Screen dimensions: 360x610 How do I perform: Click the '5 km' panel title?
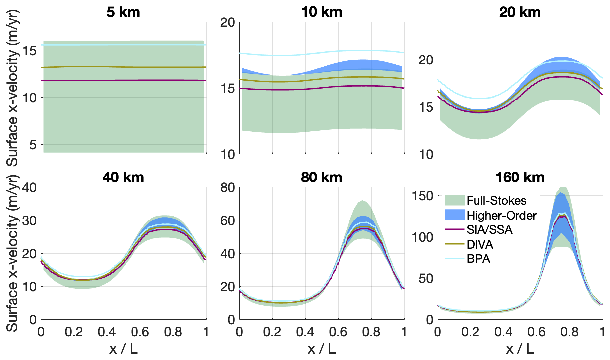click(x=123, y=12)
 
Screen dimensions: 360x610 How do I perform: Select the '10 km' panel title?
click(x=322, y=12)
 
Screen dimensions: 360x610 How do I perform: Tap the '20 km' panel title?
click(x=520, y=12)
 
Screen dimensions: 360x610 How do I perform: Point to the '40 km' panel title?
click(x=123, y=178)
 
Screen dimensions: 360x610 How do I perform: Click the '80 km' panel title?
click(x=322, y=178)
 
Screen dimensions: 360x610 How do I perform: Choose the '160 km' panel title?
click(x=520, y=178)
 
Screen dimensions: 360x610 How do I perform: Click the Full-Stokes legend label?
click(x=496, y=201)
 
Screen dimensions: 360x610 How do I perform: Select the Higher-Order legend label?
click(x=501, y=216)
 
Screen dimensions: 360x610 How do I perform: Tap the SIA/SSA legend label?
click(x=489, y=230)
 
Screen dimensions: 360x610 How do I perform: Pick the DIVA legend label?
click(x=480, y=245)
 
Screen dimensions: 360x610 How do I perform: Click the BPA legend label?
click(x=478, y=259)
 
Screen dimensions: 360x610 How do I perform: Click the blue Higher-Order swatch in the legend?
click(x=454, y=215)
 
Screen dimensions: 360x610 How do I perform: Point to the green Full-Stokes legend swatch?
click(x=454, y=200)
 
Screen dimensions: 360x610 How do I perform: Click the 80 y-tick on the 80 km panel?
click(x=228, y=188)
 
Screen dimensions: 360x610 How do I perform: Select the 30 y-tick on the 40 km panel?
click(x=29, y=221)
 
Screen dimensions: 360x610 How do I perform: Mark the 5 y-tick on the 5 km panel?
click(x=33, y=145)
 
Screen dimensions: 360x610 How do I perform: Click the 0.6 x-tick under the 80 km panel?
click(x=338, y=332)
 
